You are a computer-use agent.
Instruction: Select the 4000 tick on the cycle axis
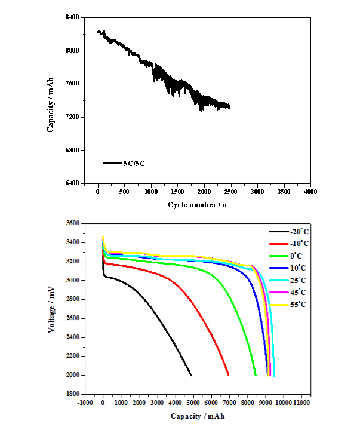tap(310, 193)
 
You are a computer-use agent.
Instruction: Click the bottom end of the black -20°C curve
tap(191, 375)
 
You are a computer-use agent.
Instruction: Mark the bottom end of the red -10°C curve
tap(229, 375)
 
